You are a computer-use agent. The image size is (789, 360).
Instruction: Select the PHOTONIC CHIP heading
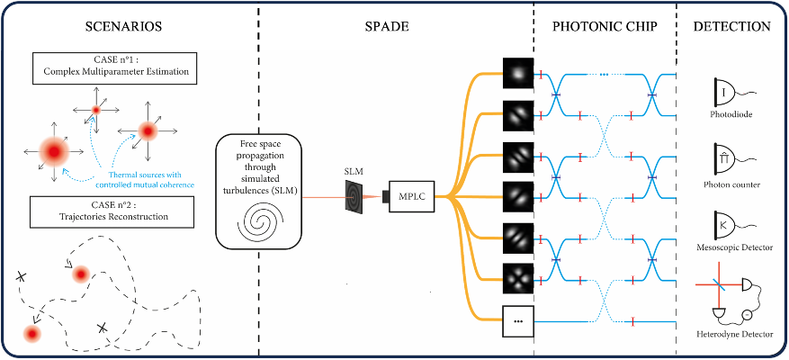(604, 27)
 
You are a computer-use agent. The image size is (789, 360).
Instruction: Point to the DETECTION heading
(731, 27)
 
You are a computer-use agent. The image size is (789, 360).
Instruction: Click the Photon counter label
(733, 184)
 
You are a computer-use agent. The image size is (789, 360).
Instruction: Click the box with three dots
(518, 319)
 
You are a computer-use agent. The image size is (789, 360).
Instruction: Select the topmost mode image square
(518, 72)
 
